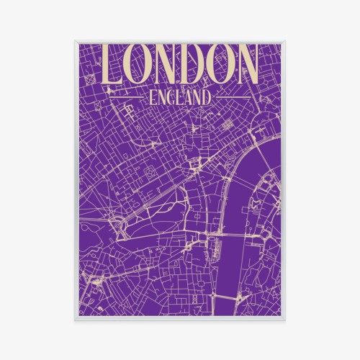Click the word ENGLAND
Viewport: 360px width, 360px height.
point(180,96)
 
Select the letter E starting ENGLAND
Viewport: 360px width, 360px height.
point(149,96)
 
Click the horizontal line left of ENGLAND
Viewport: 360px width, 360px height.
point(124,96)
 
